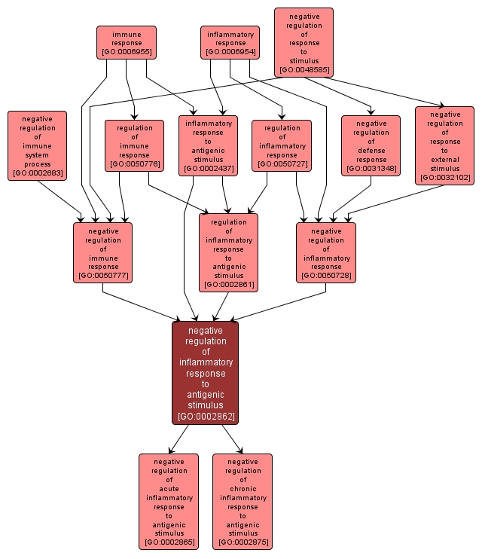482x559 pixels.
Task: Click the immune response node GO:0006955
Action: coord(127,42)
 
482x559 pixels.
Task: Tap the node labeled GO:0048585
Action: coord(304,42)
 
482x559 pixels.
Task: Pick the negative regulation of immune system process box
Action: coord(37,145)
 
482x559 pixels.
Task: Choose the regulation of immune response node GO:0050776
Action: coord(134,145)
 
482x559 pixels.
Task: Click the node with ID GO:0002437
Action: coord(208,145)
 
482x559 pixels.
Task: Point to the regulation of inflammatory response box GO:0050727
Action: coord(282,145)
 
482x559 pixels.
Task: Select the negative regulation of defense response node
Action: coord(371,145)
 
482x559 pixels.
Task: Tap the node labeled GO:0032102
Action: coord(444,145)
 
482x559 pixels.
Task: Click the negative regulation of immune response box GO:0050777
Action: coord(102,252)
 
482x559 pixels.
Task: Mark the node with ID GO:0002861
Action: coord(228,252)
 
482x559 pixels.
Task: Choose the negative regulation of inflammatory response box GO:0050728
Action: coord(325,252)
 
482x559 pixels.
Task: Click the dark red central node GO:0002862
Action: coord(205,372)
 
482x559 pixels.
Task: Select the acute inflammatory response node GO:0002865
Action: coord(169,502)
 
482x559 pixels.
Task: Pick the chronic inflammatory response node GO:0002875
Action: coord(243,502)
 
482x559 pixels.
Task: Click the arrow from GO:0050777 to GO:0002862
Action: coord(143,304)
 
